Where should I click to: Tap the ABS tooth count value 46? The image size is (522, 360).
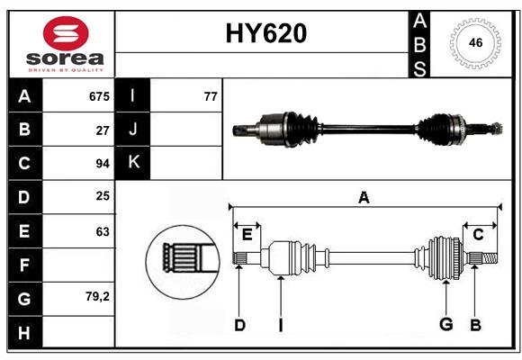point(473,42)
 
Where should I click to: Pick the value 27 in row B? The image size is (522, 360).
point(103,130)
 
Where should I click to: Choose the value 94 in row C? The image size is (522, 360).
point(103,164)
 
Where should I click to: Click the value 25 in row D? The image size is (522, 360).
point(103,197)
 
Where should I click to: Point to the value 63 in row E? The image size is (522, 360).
point(103,231)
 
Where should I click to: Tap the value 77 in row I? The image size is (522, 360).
point(211,96)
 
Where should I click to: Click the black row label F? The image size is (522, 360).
point(24,265)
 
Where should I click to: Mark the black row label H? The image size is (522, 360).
point(24,332)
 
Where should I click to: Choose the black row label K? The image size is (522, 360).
point(133,163)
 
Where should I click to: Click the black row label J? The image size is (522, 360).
point(133,130)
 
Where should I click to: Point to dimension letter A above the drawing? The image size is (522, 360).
point(364,198)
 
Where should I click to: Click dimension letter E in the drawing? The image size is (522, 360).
point(247,235)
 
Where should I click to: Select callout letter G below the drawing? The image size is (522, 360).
point(445,325)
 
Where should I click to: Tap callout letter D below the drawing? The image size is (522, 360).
point(239,325)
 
